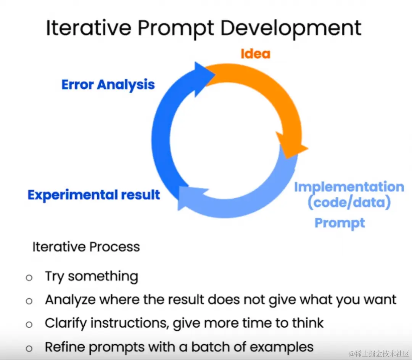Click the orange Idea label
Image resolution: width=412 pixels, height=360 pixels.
255,54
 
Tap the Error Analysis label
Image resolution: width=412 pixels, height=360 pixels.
108,85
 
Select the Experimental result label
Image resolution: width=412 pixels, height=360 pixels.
94,195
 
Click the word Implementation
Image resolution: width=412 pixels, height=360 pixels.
349,187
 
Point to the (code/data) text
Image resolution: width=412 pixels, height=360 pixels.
349,202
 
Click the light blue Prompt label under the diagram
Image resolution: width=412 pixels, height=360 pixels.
340,223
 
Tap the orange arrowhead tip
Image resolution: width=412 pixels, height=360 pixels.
308,149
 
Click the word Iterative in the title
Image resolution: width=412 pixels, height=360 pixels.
89,28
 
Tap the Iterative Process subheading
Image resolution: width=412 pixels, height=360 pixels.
86,247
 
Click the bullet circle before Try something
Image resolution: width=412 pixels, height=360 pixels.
29,278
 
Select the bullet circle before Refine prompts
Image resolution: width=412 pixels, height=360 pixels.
29,349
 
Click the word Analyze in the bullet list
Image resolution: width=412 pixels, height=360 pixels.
70,300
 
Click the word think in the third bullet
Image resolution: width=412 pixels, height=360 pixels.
308,323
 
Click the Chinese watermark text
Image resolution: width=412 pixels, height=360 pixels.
379,354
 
